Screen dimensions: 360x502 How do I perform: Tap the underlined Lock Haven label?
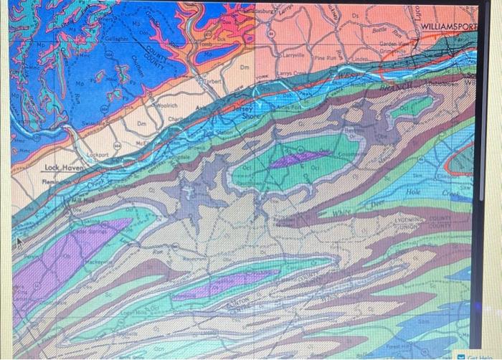click(65, 167)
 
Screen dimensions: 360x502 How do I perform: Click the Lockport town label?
click(98, 154)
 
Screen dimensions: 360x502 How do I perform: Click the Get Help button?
click(483, 356)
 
